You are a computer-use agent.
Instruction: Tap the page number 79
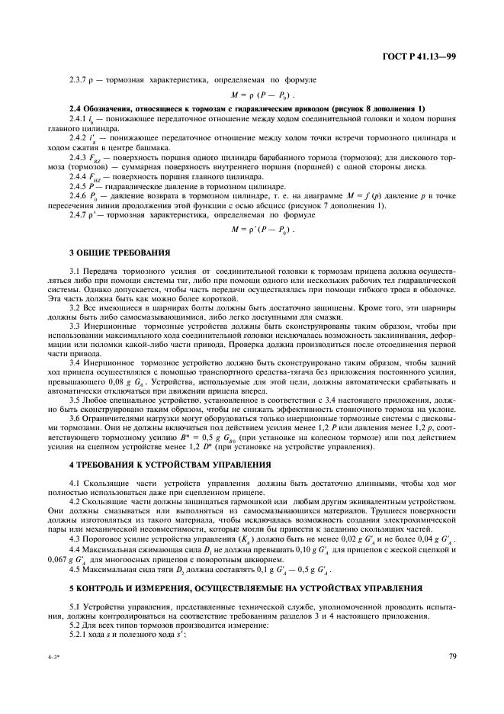coord(452,654)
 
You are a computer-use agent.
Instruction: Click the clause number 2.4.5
coord(80,185)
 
